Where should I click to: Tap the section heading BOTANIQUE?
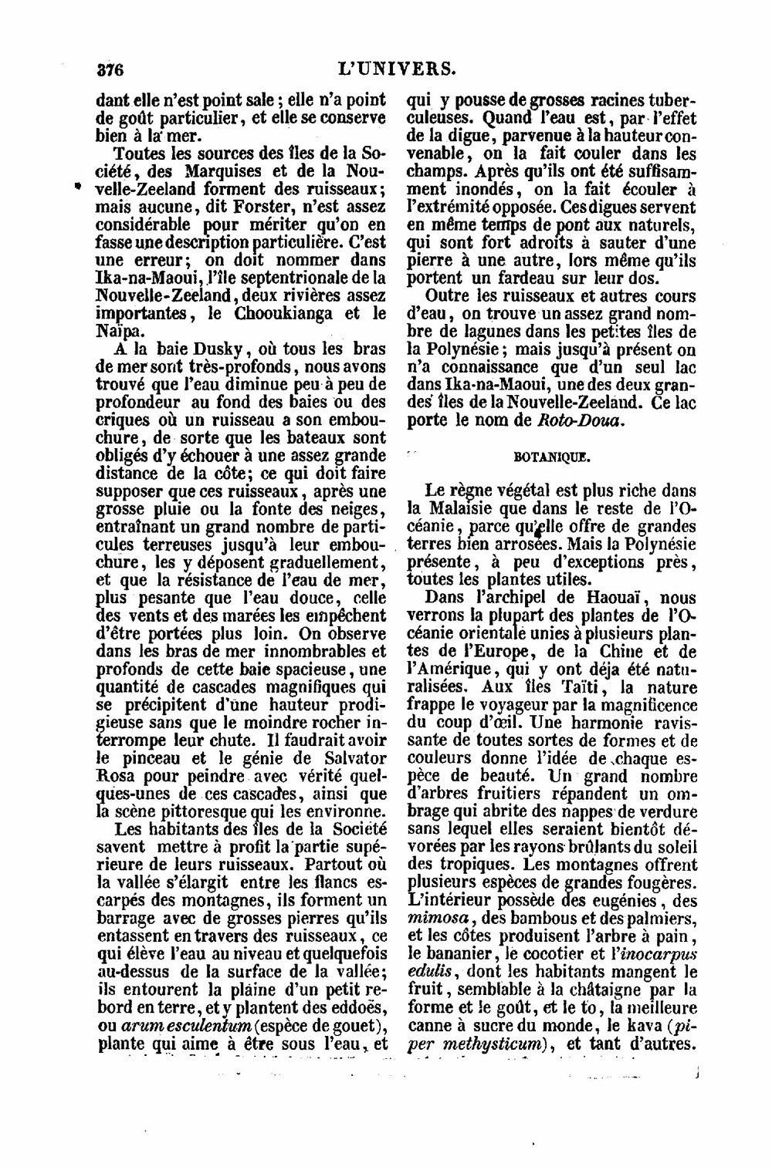[551, 456]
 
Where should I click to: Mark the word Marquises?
[205, 170]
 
